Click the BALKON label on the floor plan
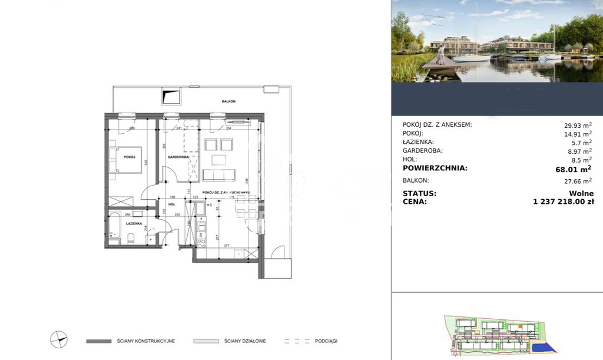228,101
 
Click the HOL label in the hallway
172,204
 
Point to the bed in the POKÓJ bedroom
125,159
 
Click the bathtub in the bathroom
114,227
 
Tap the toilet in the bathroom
132,238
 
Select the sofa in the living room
218,175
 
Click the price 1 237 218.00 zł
563,202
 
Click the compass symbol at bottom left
59,339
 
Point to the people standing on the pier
440,55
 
